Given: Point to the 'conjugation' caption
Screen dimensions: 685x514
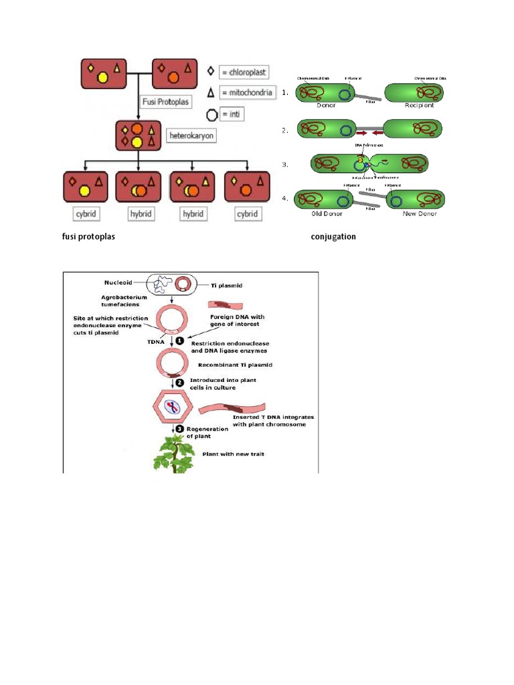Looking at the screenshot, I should click(x=333, y=237).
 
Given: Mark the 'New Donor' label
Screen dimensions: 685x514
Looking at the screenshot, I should click(x=414, y=214).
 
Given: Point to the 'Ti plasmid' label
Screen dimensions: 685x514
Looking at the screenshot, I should click(x=225, y=286).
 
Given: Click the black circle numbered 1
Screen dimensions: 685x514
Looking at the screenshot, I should click(x=179, y=340).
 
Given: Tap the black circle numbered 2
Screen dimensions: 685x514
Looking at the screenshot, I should click(x=179, y=383).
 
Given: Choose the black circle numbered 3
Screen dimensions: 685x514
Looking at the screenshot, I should click(x=179, y=429).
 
